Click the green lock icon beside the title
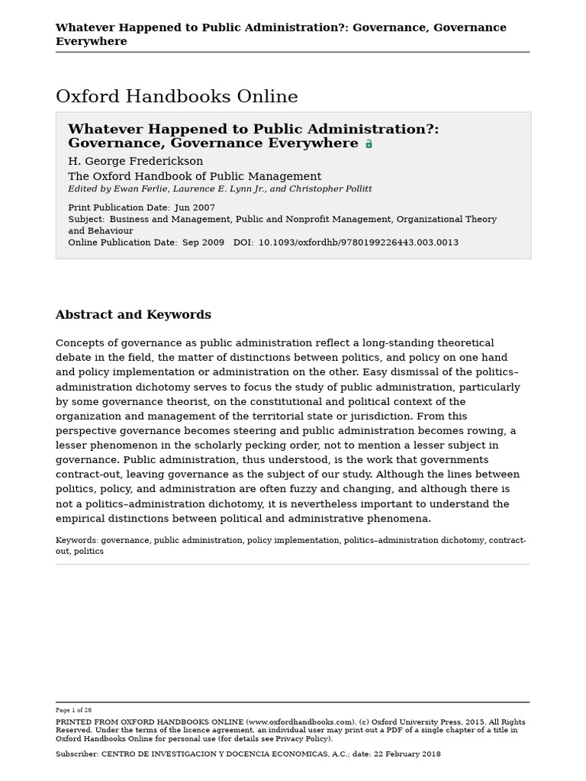point(369,143)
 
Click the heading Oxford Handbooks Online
point(176,97)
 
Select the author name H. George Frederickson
point(135,161)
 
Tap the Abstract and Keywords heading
point(133,315)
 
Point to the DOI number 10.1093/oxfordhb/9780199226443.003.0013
point(359,243)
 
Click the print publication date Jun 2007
point(195,207)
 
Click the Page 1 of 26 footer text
point(73,710)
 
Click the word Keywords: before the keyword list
point(77,541)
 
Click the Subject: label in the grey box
point(86,219)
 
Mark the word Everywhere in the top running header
point(91,42)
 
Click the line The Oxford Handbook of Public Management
point(195,176)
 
